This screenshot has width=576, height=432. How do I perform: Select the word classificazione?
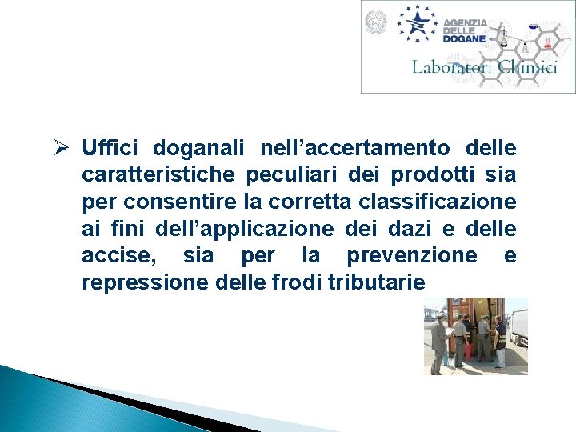tap(431, 202)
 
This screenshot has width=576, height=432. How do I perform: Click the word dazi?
tap(392, 228)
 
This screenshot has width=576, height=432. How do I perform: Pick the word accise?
tap(119, 255)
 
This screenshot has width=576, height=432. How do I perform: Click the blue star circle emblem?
tap(418, 22)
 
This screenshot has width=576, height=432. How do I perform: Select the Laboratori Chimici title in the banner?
tap(484, 67)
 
